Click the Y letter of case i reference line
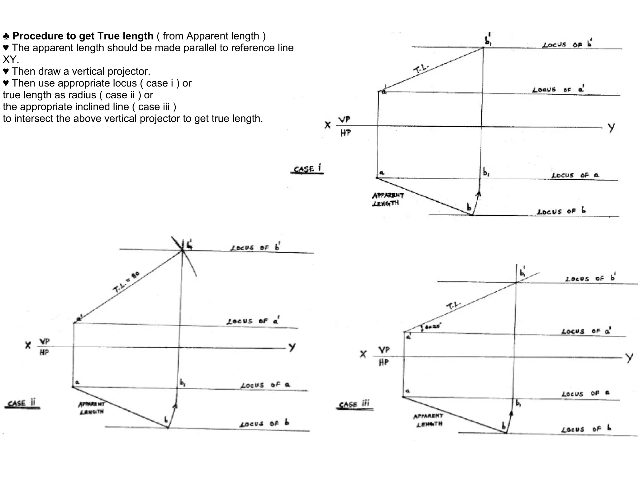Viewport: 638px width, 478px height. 611,128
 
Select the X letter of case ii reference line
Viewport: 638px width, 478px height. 28,345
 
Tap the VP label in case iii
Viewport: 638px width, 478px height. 384,350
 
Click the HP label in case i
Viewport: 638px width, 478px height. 345,133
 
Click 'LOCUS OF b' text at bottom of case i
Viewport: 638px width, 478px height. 561,211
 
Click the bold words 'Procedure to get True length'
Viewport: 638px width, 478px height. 83,36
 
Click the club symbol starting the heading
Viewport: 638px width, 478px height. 6,36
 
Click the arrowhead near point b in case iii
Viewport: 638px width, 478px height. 511,413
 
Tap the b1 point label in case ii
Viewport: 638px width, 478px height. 183,383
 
